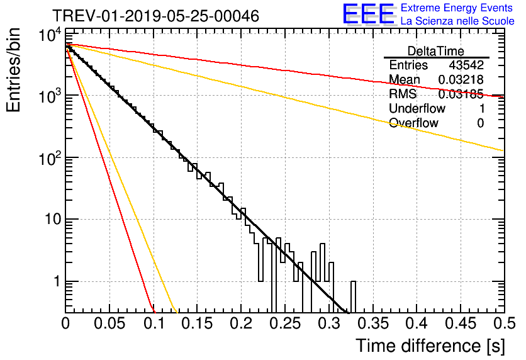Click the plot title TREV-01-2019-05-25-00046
click(156, 16)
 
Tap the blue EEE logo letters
click(369, 13)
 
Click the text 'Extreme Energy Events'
click(457, 8)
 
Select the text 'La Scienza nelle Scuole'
click(457, 21)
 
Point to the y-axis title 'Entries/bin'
click(13, 70)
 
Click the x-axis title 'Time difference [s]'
click(430, 346)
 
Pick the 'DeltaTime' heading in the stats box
click(436, 51)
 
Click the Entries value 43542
click(466, 65)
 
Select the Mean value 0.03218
click(461, 79)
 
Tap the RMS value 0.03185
click(461, 94)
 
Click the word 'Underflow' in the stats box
click(417, 108)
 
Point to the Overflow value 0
click(480, 123)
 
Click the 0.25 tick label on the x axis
click(285, 323)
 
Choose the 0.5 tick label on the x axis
click(505, 323)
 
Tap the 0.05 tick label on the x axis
click(109, 323)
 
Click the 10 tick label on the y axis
click(53, 220)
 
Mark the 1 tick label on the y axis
click(57, 281)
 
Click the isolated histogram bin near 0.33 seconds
click(353, 297)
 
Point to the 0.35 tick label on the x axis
click(373, 323)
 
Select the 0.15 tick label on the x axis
click(198, 323)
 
